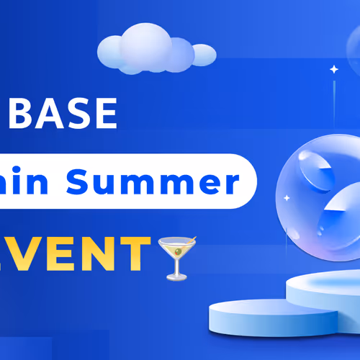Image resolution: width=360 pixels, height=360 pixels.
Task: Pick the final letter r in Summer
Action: (x=233, y=183)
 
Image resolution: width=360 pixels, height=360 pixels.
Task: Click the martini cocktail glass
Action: (x=174, y=256)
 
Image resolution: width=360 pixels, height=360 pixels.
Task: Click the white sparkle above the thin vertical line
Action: (x=333, y=69)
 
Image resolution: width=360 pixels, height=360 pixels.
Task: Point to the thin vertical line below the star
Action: (x=333, y=101)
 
